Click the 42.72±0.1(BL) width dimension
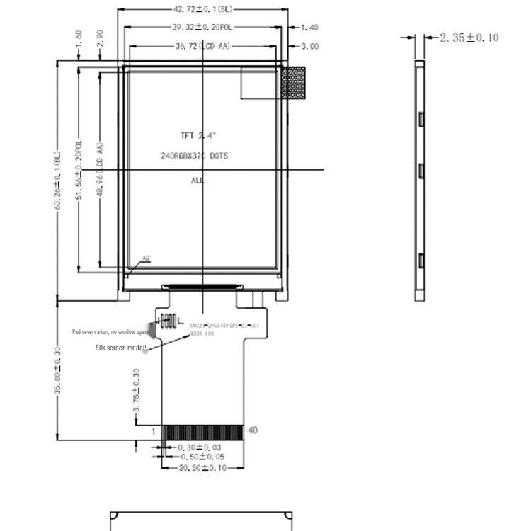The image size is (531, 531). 202,9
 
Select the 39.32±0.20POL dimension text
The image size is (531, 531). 202,28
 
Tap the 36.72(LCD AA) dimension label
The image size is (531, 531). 202,46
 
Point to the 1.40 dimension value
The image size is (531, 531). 309,28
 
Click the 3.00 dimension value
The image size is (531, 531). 309,46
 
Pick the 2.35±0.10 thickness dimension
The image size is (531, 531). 469,38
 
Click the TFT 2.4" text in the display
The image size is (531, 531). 198,135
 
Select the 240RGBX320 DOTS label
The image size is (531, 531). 194,156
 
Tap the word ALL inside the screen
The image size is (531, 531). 198,181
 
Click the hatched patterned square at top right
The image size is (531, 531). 294,82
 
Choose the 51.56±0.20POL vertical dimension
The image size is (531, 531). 80,170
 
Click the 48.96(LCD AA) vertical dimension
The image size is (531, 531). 101,170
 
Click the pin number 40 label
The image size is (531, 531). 253,430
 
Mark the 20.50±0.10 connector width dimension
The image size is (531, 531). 202,468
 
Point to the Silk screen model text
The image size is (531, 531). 121,348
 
